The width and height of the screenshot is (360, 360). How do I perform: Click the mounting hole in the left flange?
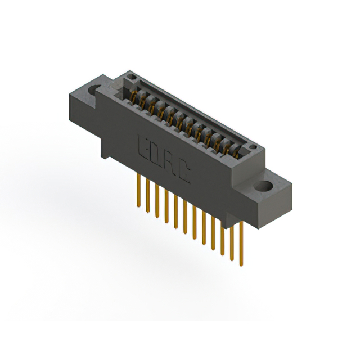(x=94, y=89)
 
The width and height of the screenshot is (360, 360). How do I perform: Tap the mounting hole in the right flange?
(x=264, y=186)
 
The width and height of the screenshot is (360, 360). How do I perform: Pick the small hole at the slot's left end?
(x=132, y=76)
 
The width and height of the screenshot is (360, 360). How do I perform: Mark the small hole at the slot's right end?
(x=253, y=147)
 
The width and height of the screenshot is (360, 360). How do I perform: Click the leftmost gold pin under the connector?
(x=138, y=190)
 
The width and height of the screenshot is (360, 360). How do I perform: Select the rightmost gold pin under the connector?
(x=241, y=244)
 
